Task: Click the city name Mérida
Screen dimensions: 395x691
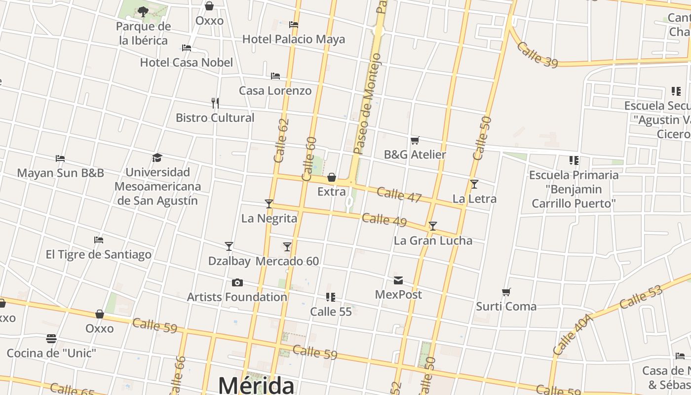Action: point(256,385)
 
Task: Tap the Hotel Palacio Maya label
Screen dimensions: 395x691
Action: point(294,39)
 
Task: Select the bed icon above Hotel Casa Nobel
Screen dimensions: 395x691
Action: point(187,48)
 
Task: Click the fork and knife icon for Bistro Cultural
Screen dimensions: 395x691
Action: point(215,103)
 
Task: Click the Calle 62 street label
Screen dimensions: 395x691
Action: point(281,141)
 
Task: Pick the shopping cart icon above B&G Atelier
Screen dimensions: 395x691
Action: point(415,141)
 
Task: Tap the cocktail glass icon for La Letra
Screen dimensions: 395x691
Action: point(474,184)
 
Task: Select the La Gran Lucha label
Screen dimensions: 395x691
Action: point(433,240)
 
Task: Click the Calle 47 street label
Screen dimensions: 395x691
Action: point(399,195)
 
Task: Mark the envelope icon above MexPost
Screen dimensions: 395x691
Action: point(398,280)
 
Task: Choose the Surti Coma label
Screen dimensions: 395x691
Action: point(506,306)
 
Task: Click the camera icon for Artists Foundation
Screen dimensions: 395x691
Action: point(237,283)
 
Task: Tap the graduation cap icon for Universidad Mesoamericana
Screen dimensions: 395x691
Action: point(157,158)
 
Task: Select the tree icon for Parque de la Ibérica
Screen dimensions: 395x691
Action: point(143,11)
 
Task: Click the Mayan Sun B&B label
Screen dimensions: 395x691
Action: point(60,173)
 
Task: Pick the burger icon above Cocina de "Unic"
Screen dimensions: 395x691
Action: point(51,339)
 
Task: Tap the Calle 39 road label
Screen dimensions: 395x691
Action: point(537,54)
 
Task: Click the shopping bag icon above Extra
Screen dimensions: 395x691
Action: point(332,177)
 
